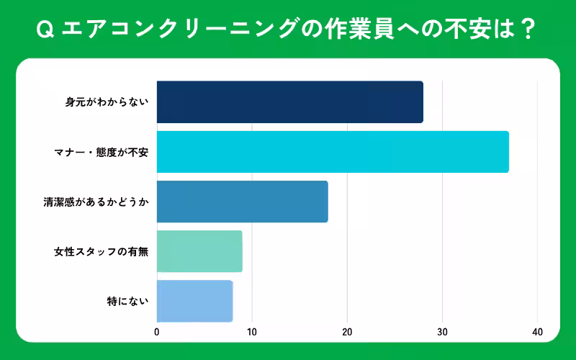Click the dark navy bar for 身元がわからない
289,102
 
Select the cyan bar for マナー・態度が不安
333,152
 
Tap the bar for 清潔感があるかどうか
242,202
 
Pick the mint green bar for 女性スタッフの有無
199,251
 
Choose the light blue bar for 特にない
194,301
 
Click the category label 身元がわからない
107,102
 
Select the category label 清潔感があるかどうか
96,202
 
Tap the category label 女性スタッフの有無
101,252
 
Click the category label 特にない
127,301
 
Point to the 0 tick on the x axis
157,332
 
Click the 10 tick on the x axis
252,332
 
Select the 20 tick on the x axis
347,332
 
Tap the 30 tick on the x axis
442,332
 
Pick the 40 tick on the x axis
537,332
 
